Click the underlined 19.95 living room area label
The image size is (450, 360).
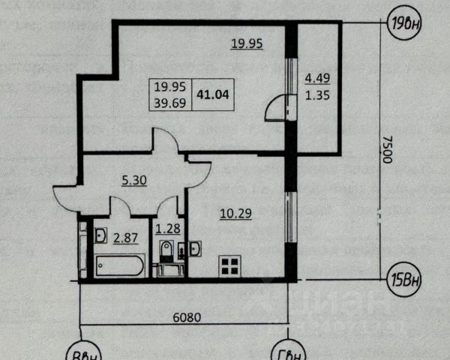click(x=246, y=43)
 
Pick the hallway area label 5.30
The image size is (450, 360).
click(x=136, y=180)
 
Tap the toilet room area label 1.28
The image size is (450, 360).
click(x=166, y=229)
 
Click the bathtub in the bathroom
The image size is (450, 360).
click(x=119, y=265)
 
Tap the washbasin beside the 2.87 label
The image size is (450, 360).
click(x=100, y=236)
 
